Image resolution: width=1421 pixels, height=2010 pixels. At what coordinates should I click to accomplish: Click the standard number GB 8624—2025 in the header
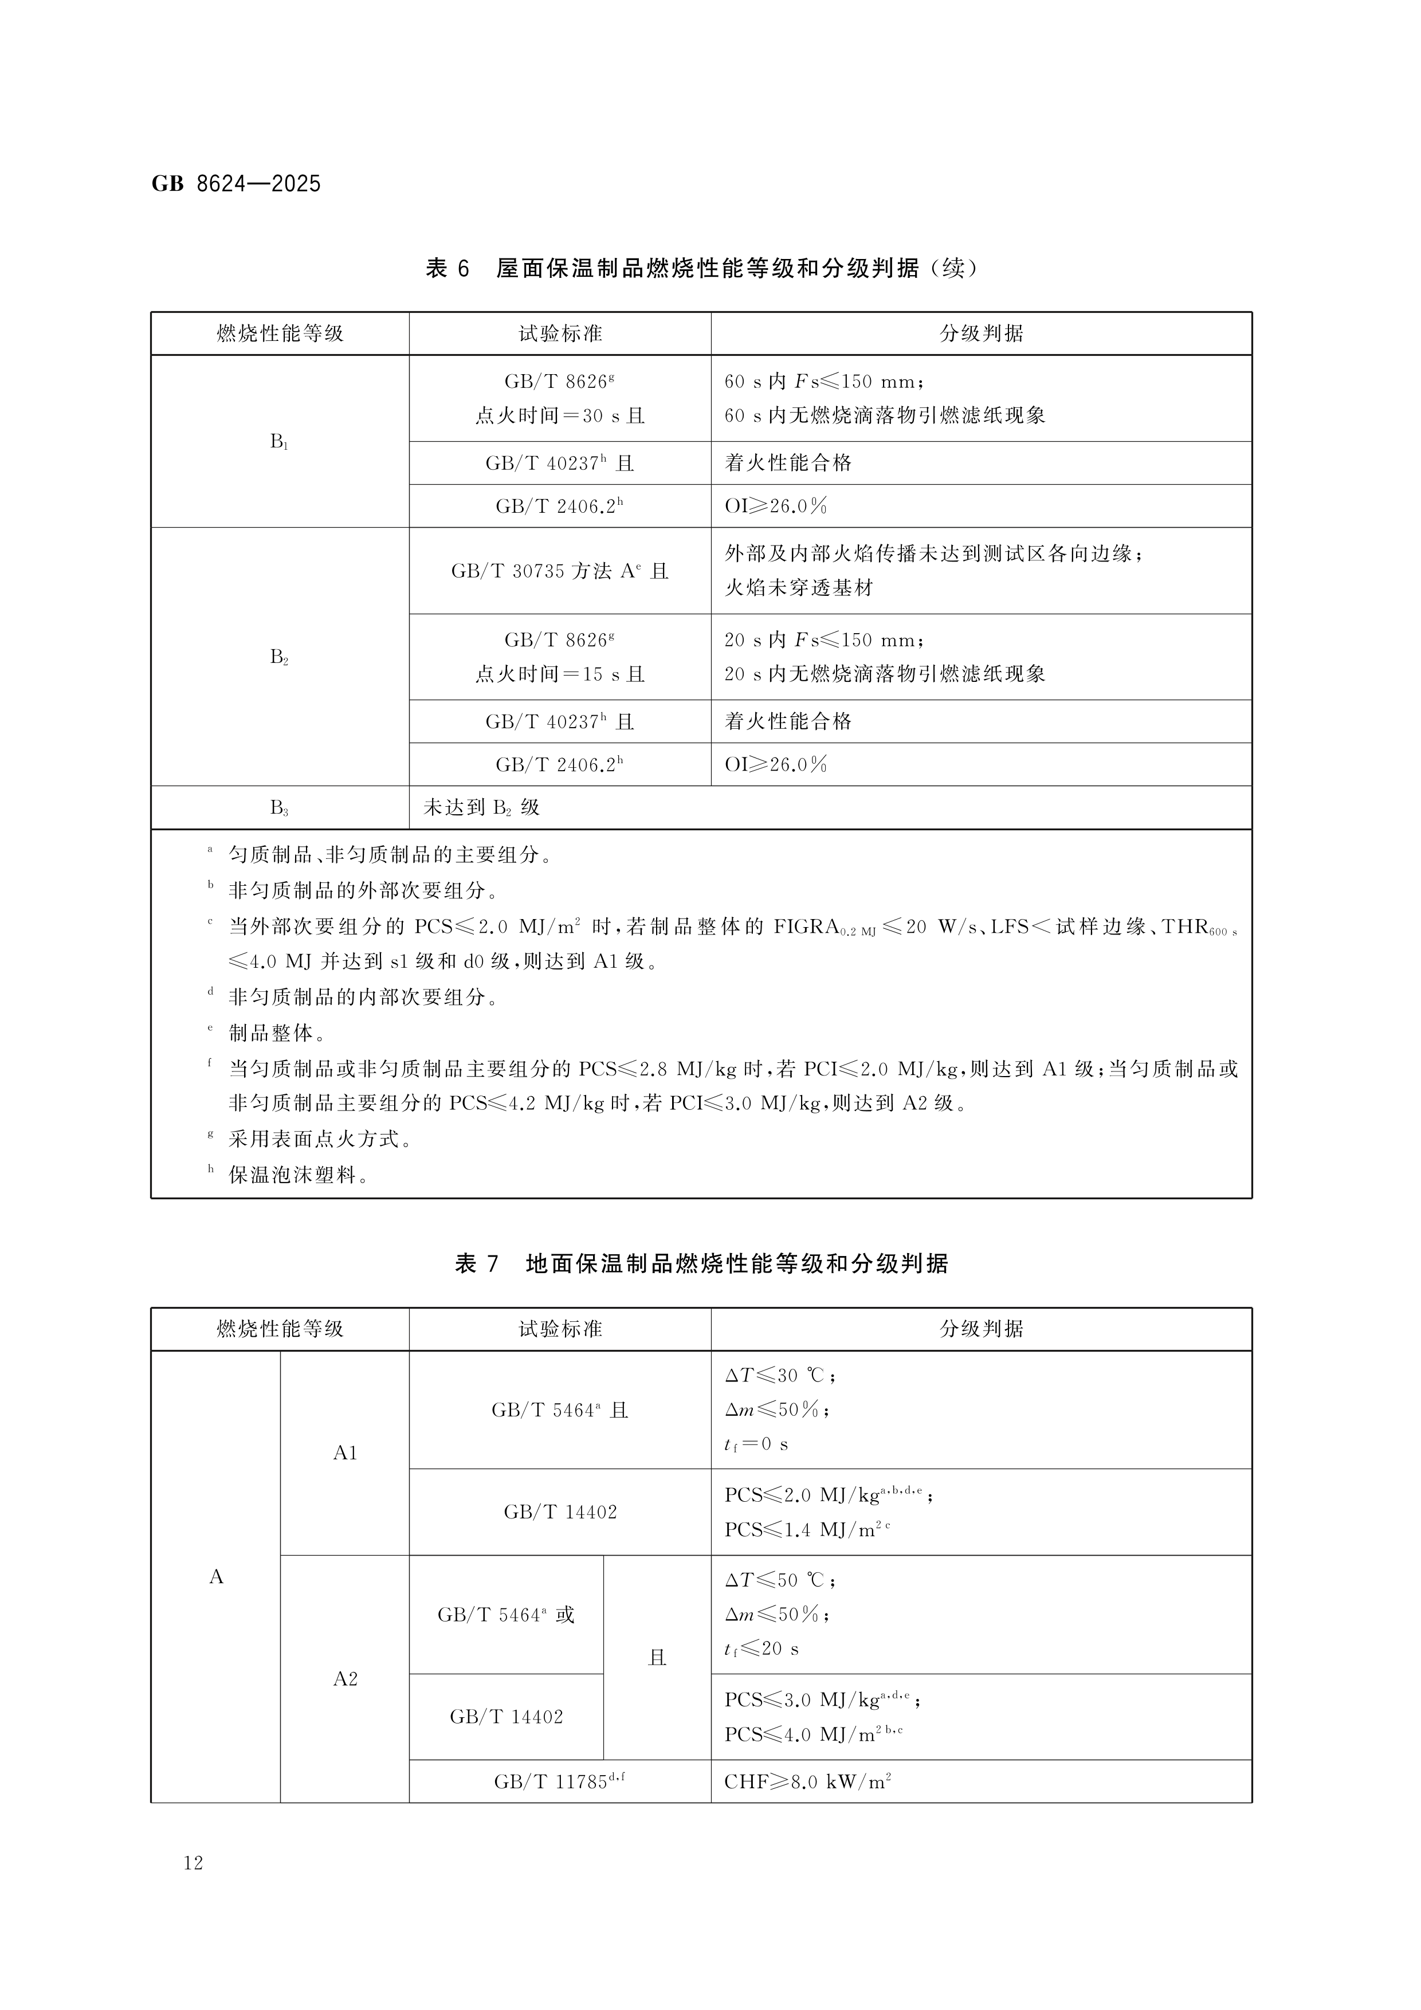[x=237, y=184]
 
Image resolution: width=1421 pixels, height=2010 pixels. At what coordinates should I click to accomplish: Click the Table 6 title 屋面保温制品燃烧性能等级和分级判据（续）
[x=700, y=268]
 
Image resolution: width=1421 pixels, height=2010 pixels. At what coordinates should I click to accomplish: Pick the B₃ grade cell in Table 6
[x=279, y=808]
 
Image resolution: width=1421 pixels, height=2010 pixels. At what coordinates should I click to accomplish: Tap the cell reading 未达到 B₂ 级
[x=481, y=808]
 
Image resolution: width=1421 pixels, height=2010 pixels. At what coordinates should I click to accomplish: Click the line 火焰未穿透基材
[x=799, y=587]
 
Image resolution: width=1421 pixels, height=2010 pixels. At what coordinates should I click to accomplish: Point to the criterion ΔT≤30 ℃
[x=779, y=1375]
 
